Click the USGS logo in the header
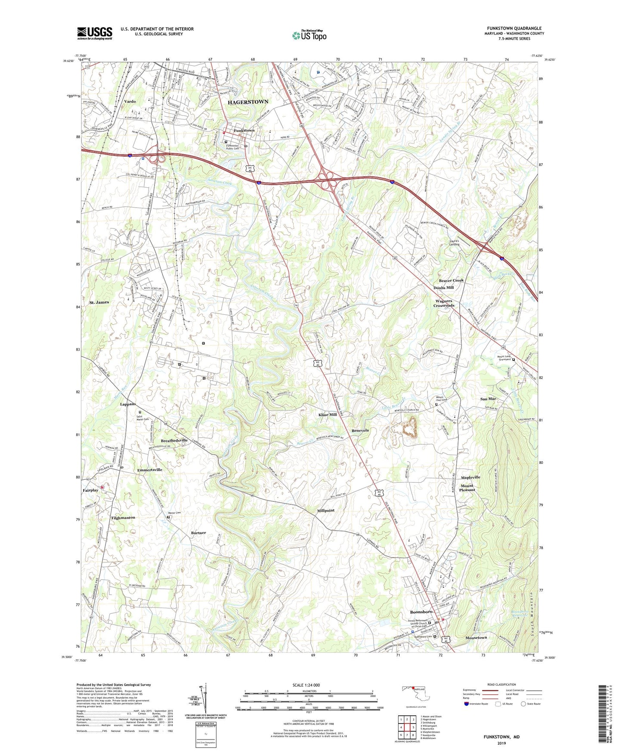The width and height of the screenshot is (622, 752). point(95,33)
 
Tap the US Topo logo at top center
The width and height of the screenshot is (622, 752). point(309,36)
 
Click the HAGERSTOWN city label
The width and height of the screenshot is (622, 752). point(248,102)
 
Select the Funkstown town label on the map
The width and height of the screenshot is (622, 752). point(244,130)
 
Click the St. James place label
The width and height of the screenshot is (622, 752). point(99,302)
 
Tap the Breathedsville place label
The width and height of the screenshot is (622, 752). point(174,441)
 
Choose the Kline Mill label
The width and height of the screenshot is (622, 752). point(328,414)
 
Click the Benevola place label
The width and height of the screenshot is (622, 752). point(360,430)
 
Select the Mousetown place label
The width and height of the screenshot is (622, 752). point(476,637)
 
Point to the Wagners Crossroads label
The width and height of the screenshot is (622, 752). point(444,303)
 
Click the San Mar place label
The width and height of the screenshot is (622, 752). point(488,399)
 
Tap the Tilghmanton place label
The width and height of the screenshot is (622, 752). point(123,517)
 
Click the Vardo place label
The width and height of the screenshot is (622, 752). point(130,102)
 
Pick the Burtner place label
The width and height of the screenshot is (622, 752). point(198,533)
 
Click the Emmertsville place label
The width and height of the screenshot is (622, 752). point(150,469)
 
